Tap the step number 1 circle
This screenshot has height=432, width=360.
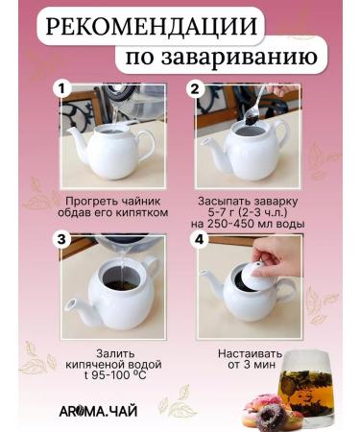point(63,89)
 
